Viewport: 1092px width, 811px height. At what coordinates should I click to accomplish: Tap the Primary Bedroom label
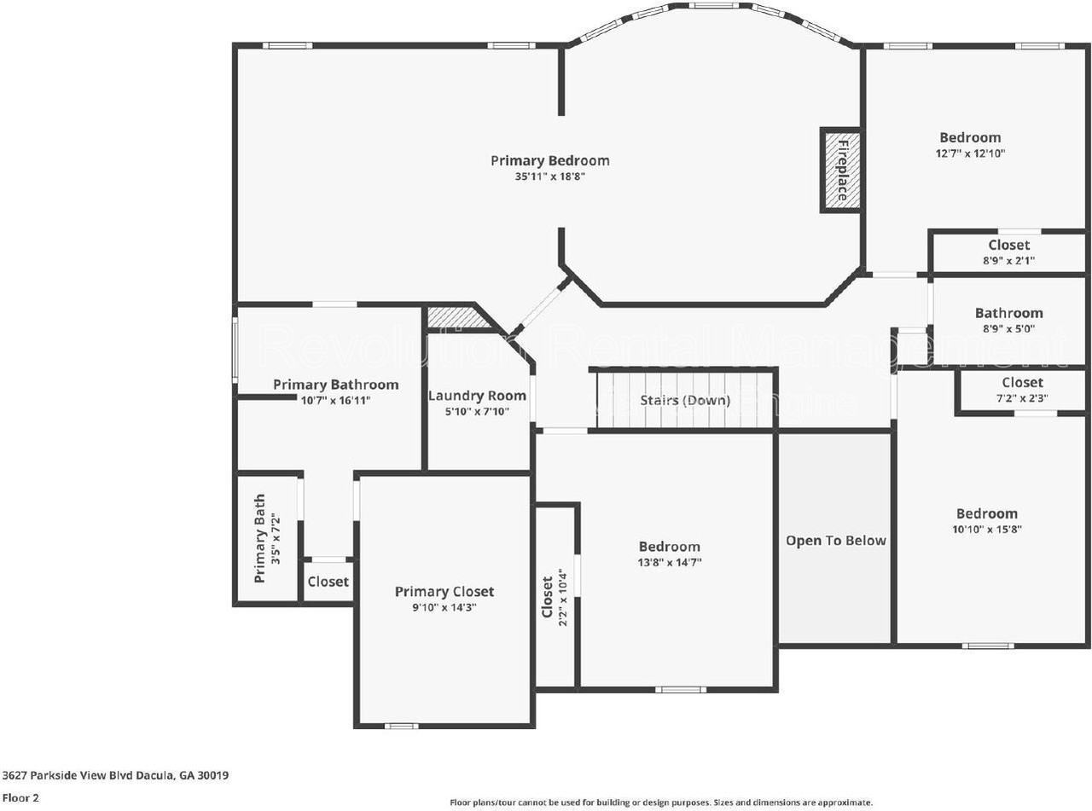pyautogui.click(x=549, y=160)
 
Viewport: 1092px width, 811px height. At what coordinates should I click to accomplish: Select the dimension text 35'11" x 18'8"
pyautogui.click(x=549, y=177)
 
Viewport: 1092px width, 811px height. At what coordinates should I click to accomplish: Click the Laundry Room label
pyautogui.click(x=477, y=396)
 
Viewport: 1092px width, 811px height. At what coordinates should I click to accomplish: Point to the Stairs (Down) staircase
pyautogui.click(x=685, y=400)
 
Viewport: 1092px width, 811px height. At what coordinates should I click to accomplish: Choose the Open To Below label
pyautogui.click(x=835, y=540)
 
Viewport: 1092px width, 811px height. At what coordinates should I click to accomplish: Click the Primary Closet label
pyautogui.click(x=444, y=592)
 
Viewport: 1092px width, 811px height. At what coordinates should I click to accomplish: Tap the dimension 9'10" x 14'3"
pyautogui.click(x=444, y=608)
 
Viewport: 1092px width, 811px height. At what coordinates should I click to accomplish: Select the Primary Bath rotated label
pyautogui.click(x=259, y=538)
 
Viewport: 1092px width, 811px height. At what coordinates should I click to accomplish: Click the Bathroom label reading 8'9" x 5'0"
pyautogui.click(x=1008, y=329)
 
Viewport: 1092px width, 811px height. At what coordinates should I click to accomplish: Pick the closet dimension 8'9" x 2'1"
pyautogui.click(x=1008, y=261)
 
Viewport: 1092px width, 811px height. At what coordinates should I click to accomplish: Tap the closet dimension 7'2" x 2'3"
pyautogui.click(x=1022, y=398)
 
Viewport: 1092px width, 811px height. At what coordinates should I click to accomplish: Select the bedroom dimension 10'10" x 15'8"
pyautogui.click(x=986, y=529)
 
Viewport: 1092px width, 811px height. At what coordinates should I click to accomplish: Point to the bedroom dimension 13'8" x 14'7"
pyautogui.click(x=669, y=563)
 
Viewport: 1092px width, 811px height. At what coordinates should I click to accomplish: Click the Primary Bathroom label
pyautogui.click(x=335, y=385)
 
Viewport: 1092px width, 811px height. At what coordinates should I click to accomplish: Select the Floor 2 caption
pyautogui.click(x=20, y=799)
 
